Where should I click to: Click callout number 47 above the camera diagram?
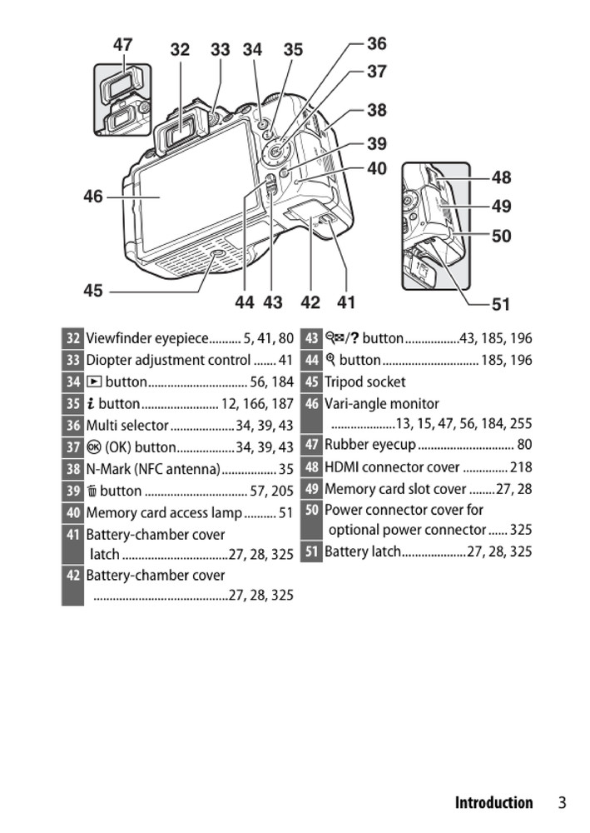(x=123, y=45)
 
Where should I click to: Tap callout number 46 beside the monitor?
(x=93, y=197)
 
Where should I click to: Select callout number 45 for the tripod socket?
(x=93, y=291)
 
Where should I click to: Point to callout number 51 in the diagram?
(x=501, y=305)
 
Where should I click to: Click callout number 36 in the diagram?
(x=377, y=43)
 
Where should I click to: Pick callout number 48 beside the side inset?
(x=502, y=177)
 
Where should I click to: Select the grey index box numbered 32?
(x=73, y=339)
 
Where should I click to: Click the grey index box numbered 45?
(x=311, y=382)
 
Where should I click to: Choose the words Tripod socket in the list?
(x=365, y=382)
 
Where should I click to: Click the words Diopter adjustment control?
(x=168, y=361)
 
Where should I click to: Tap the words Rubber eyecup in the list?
(x=369, y=445)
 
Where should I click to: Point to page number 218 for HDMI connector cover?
(x=521, y=467)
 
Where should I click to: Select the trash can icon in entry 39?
(x=92, y=491)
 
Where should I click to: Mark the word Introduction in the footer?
(x=493, y=803)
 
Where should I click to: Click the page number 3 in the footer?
(x=563, y=803)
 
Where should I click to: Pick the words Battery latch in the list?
(x=363, y=551)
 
